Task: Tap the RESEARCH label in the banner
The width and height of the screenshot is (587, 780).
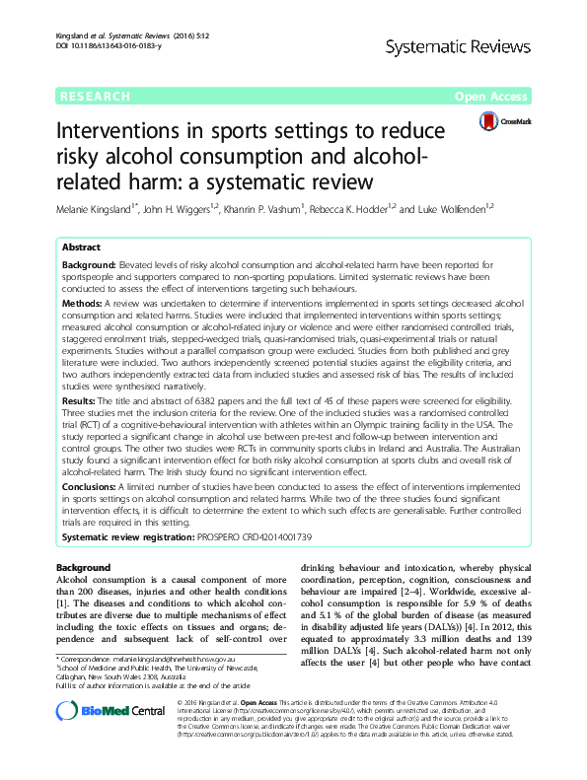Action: tap(96, 96)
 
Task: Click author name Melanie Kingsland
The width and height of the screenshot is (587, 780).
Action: tap(99, 210)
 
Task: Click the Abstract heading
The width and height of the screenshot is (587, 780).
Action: tap(82, 248)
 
